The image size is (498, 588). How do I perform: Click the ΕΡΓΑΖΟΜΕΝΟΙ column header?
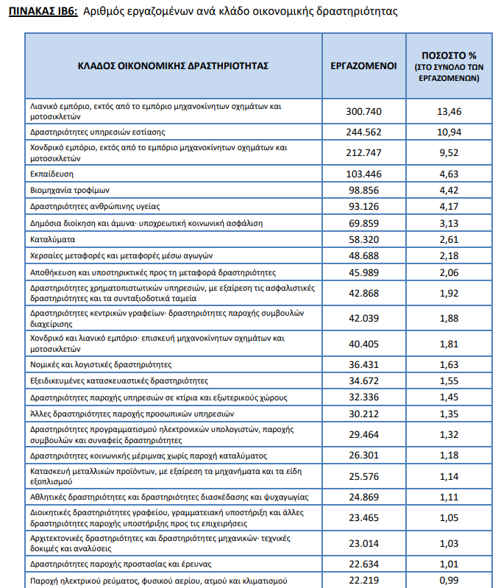coord(363,65)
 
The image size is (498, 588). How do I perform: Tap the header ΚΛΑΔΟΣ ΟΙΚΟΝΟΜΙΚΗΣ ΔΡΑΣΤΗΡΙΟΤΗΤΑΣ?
coord(173,65)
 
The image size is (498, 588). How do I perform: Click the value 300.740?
coord(363,111)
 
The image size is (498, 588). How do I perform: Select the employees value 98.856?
coord(363,189)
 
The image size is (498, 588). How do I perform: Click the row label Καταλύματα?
coord(53,239)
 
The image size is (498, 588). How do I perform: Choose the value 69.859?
coord(363,222)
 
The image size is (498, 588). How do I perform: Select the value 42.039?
coord(363,318)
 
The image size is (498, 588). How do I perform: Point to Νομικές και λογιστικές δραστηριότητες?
coord(101,364)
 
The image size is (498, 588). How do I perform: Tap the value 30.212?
coord(363,414)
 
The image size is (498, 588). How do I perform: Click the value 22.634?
coord(363,564)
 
